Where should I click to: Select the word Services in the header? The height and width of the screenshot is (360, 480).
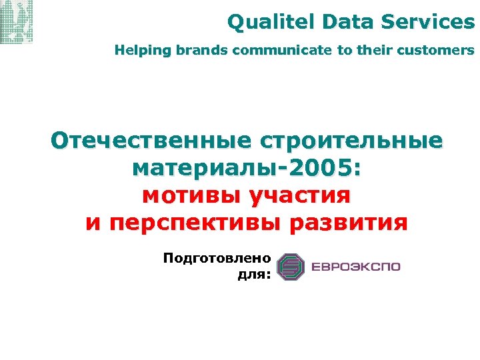pos(428,22)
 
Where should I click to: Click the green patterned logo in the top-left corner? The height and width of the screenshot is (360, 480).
pos(17,22)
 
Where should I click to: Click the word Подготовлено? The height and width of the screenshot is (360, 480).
pos(217,257)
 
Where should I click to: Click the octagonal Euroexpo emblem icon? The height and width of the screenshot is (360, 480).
pos(290,267)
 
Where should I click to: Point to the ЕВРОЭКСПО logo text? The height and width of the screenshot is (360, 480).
pos(354,267)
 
